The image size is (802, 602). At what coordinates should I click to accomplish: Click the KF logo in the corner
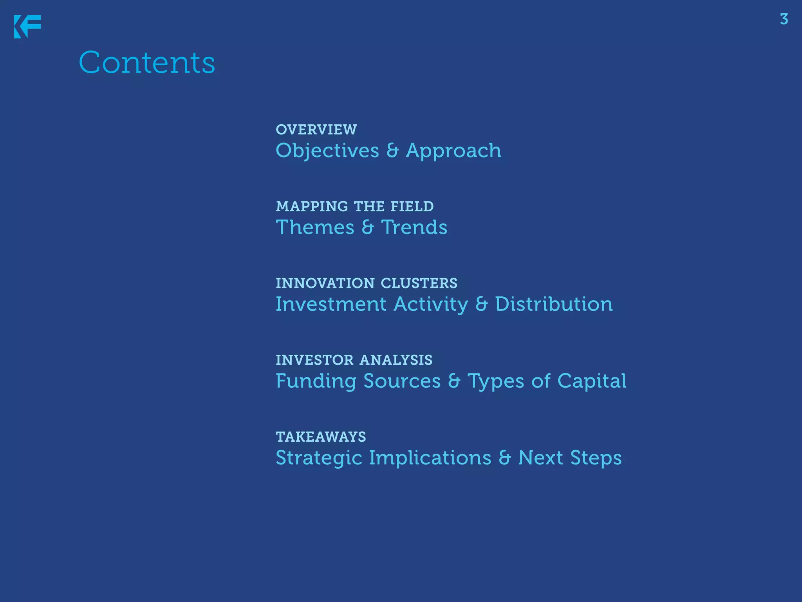(27, 27)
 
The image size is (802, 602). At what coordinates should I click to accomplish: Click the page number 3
(784, 19)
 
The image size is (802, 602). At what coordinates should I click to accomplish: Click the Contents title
(147, 62)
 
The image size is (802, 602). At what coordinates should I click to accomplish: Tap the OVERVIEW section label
(316, 130)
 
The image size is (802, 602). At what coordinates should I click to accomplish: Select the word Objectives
(327, 151)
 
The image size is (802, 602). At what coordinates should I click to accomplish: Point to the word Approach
(453, 151)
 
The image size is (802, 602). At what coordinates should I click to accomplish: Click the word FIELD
(412, 207)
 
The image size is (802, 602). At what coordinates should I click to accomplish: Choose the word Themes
(315, 227)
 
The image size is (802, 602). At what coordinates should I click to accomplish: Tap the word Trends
(414, 227)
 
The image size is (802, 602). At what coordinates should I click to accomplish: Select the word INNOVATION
(325, 283)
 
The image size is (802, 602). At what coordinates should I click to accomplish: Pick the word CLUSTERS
(419, 283)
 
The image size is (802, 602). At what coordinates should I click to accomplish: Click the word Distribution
(554, 304)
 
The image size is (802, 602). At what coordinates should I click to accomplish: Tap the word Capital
(592, 381)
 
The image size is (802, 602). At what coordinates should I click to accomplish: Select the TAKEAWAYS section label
(321, 437)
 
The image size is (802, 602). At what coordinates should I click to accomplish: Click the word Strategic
(319, 458)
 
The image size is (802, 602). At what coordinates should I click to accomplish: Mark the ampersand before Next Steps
(505, 458)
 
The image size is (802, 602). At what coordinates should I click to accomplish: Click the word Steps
(596, 458)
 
